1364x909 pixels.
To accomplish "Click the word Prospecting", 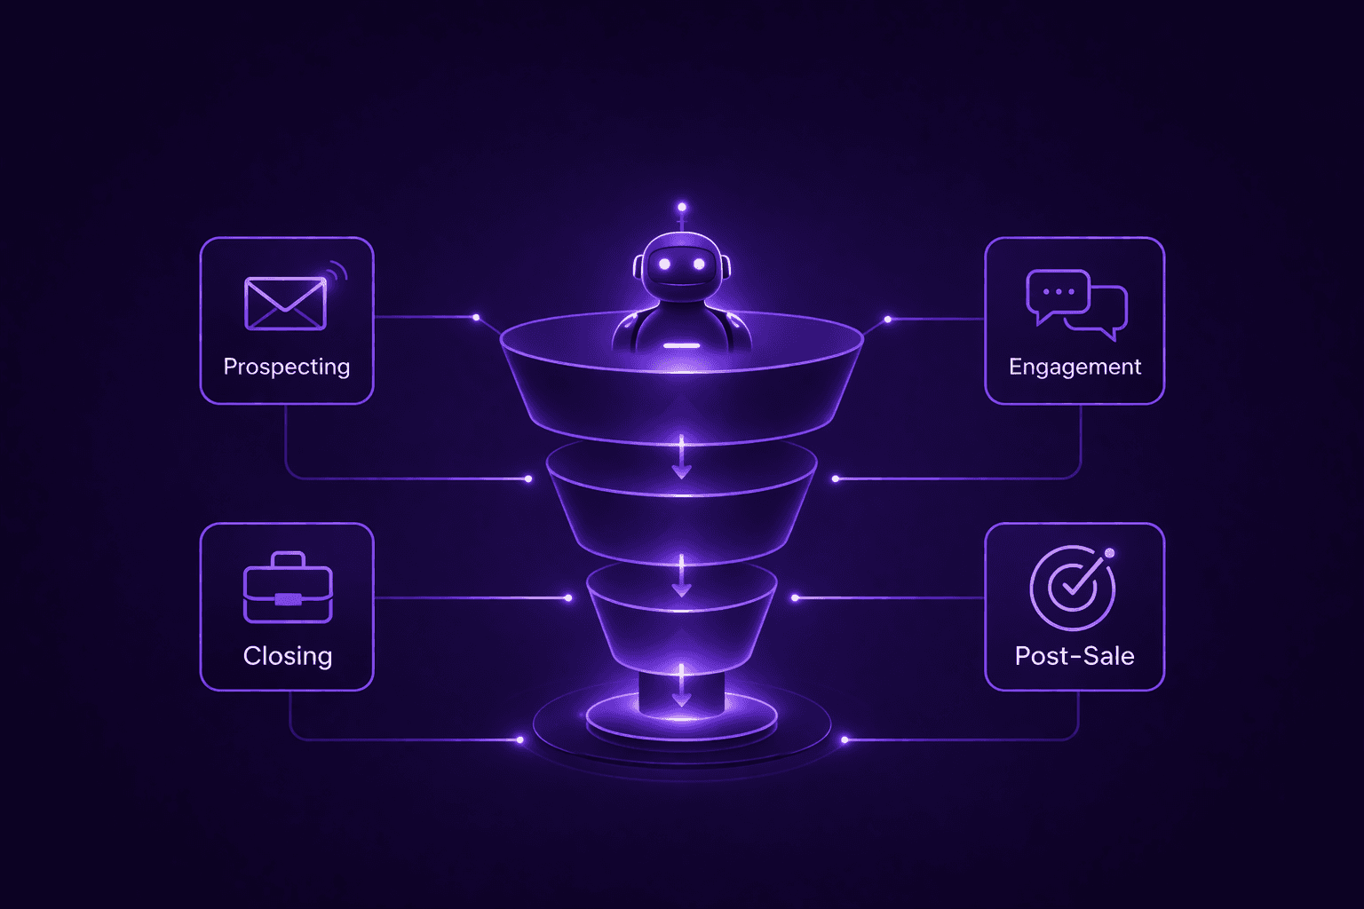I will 286,367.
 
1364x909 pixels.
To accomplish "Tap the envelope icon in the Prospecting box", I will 285,304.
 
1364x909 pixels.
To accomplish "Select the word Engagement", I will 1075,367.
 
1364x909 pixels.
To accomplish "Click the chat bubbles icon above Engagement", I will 1076,304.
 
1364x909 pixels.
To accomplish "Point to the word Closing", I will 288,656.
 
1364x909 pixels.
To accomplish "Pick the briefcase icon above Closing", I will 288,589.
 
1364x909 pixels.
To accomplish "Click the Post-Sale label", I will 1075,656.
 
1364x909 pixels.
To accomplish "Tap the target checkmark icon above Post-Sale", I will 1072,587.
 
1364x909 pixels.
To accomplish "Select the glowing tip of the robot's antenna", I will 682,207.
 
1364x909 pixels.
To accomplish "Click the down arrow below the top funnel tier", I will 682,458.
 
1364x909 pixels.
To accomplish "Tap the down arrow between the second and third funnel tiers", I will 682,576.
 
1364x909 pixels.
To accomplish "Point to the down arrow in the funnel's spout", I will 682,685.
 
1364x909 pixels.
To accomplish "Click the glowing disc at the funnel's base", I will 682,721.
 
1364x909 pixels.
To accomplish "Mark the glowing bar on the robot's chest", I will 681,344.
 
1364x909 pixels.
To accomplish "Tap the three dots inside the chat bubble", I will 1059,291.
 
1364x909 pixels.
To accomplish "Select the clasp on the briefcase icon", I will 288,599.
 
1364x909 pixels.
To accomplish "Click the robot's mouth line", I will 681,285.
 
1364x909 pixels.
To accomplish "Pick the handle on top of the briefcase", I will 288,558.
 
